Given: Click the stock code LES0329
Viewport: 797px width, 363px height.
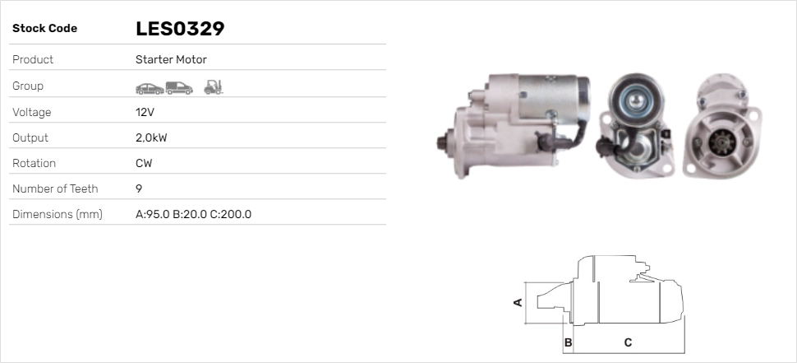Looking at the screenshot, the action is (x=180, y=29).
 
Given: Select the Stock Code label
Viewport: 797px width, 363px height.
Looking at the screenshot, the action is (x=44, y=29).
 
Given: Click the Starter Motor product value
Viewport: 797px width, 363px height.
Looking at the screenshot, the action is (x=171, y=59).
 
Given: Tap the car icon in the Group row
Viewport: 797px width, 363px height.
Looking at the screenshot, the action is (x=150, y=89).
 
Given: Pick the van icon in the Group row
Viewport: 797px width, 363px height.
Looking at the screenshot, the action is (x=179, y=88).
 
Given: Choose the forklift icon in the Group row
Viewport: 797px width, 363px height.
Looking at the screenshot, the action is (x=214, y=87).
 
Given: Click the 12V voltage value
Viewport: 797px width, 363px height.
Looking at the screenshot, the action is (x=145, y=112).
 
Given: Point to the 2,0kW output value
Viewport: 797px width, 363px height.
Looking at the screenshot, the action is (x=151, y=138).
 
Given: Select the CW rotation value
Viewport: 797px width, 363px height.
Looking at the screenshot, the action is (x=144, y=164).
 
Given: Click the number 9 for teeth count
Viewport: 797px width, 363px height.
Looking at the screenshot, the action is (x=139, y=188).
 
